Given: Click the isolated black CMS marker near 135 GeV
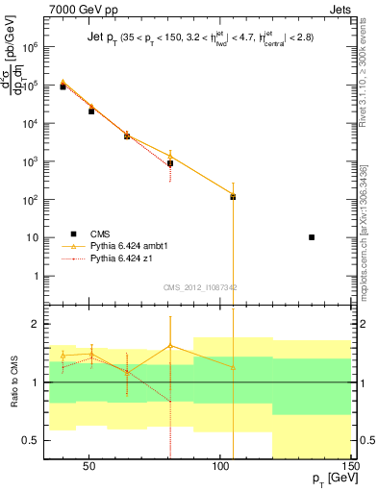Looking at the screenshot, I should click(x=312, y=236).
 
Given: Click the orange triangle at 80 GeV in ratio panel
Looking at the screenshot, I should click(x=170, y=345).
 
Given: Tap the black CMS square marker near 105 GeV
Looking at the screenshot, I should click(x=233, y=197).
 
